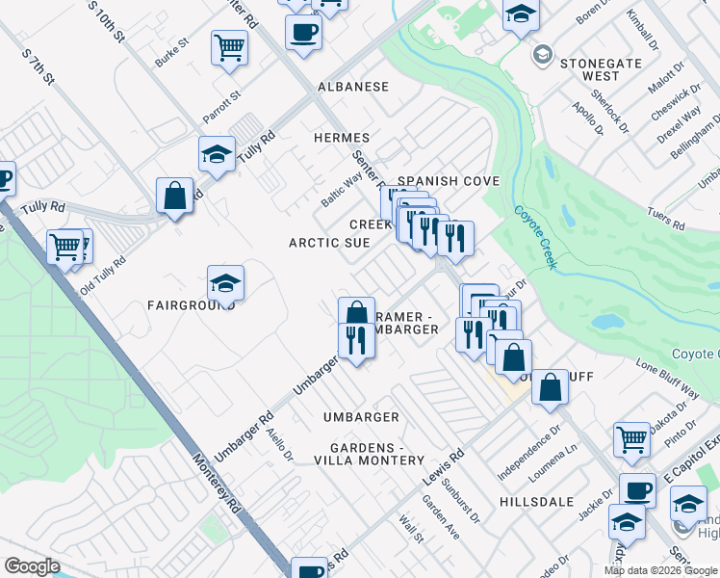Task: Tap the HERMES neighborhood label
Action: [x=342, y=138]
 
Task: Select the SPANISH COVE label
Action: [x=449, y=181]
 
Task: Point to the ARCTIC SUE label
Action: [x=329, y=243]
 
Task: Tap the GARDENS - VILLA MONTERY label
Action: [x=363, y=455]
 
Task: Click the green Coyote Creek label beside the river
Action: [x=534, y=237]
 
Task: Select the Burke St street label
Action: [x=171, y=54]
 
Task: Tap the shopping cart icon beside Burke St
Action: [x=229, y=46]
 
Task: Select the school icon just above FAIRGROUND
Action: [x=225, y=283]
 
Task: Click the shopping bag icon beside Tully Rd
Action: [x=175, y=196]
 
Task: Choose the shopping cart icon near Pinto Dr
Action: [x=631, y=439]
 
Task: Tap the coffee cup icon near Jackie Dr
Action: [x=636, y=490]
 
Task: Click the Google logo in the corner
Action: [x=33, y=566]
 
